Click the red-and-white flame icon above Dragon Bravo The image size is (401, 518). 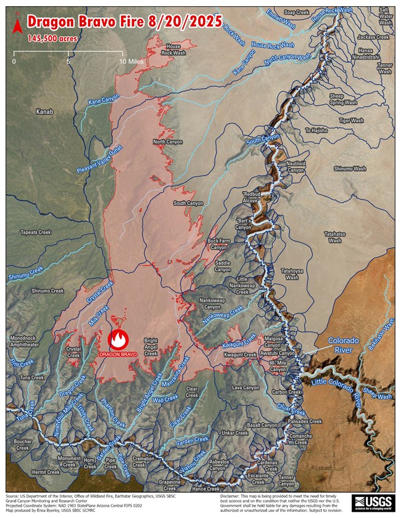point(118,339)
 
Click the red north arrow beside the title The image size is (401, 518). point(18,25)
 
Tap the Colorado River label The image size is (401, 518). point(343,344)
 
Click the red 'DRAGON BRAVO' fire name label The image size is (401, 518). point(117,355)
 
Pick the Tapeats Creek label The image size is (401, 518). point(36,232)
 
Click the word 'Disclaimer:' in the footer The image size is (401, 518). point(233,496)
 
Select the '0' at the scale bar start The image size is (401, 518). point(14,62)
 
